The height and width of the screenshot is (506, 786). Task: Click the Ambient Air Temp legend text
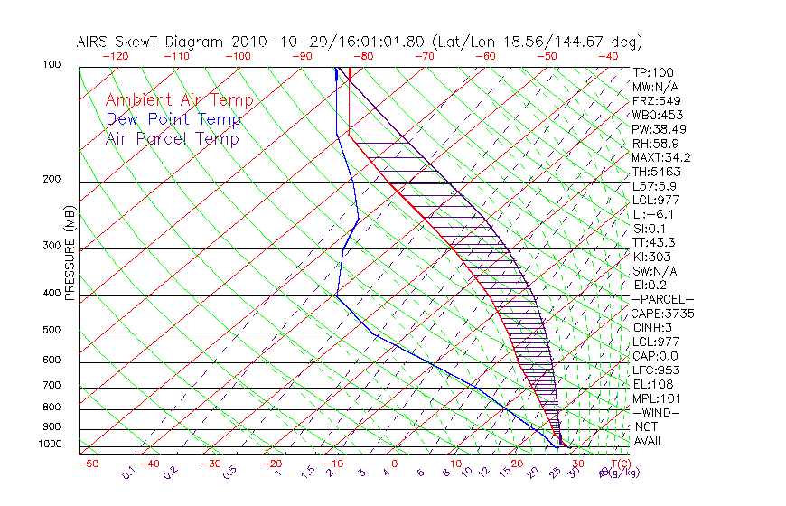(179, 100)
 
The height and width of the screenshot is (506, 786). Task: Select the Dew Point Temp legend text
(173, 119)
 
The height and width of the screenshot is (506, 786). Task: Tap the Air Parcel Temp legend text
(172, 138)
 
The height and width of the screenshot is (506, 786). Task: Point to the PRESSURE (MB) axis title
(70, 254)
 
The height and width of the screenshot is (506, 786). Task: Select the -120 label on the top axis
(115, 56)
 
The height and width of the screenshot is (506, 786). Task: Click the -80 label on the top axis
(363, 56)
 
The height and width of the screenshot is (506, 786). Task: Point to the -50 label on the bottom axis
(87, 464)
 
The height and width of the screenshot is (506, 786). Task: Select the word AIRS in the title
(95, 42)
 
